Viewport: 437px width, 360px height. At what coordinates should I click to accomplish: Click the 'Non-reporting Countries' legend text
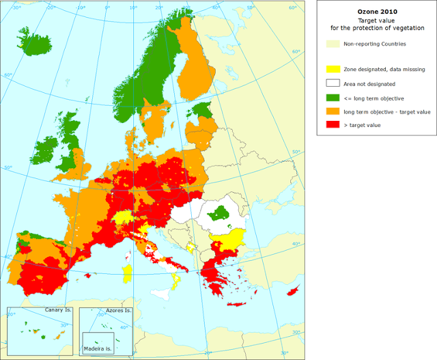coord(375,44)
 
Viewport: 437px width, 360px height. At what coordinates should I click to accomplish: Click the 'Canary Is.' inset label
coord(57,310)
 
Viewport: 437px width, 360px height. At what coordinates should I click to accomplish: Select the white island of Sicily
coord(163,292)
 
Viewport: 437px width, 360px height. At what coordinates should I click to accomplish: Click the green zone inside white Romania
coord(220,212)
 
